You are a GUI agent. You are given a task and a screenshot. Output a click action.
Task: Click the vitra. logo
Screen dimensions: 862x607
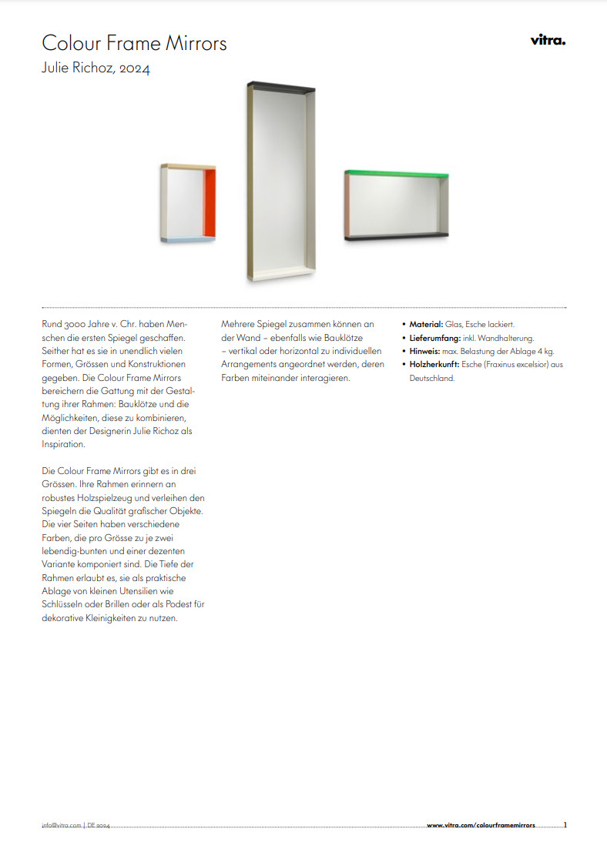548,41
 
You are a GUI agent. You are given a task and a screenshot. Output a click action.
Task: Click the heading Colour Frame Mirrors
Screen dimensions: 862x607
134,42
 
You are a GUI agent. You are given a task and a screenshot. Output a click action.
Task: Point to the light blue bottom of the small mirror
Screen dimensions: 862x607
189,239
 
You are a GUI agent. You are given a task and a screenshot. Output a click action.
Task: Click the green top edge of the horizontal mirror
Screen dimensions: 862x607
397,173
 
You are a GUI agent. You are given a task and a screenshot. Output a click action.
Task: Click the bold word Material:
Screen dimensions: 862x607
426,325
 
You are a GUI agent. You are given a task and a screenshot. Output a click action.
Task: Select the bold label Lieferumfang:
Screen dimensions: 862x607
436,338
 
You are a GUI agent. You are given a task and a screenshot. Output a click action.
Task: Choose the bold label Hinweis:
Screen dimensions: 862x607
424,351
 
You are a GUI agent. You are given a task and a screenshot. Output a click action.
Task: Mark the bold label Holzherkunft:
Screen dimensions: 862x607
435,365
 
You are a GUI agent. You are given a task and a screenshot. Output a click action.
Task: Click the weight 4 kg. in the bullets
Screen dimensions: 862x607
544,351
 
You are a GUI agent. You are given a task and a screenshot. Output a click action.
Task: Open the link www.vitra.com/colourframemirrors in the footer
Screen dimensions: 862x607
481,826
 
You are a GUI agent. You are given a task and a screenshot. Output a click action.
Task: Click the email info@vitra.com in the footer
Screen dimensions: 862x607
61,826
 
